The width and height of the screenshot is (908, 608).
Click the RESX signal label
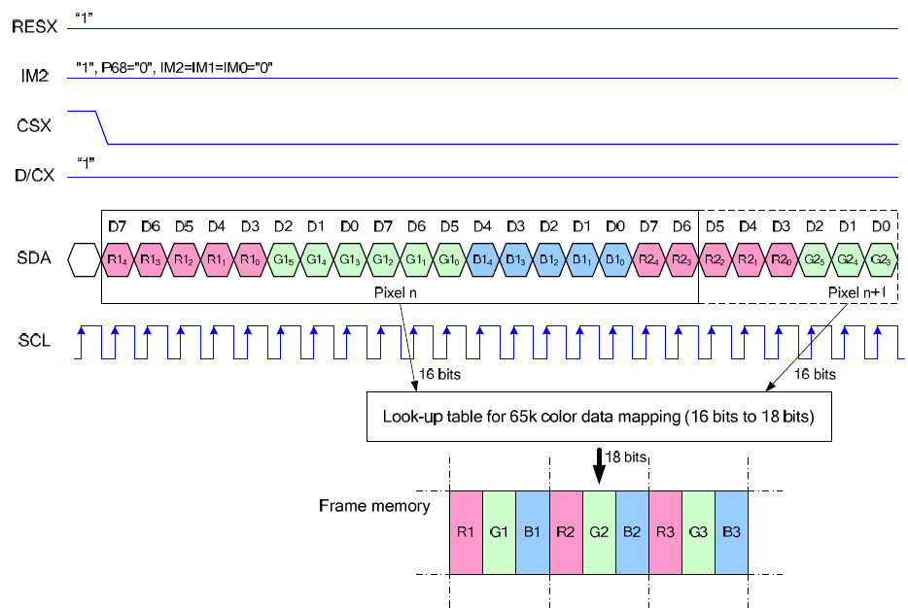[34, 27]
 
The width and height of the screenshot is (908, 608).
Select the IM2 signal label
[34, 76]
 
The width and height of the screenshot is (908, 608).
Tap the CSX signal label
[34, 125]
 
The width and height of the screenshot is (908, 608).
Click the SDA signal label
[34, 259]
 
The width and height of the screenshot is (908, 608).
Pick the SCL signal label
[34, 341]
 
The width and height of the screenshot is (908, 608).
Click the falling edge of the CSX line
[102, 128]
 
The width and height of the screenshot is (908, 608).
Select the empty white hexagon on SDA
[84, 259]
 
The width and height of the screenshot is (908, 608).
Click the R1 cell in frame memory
[466, 532]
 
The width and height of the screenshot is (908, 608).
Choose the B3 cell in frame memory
[731, 532]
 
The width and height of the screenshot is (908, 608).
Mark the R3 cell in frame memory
[665, 532]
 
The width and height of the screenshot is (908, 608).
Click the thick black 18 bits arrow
[599, 465]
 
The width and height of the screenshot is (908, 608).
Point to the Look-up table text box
[599, 419]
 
